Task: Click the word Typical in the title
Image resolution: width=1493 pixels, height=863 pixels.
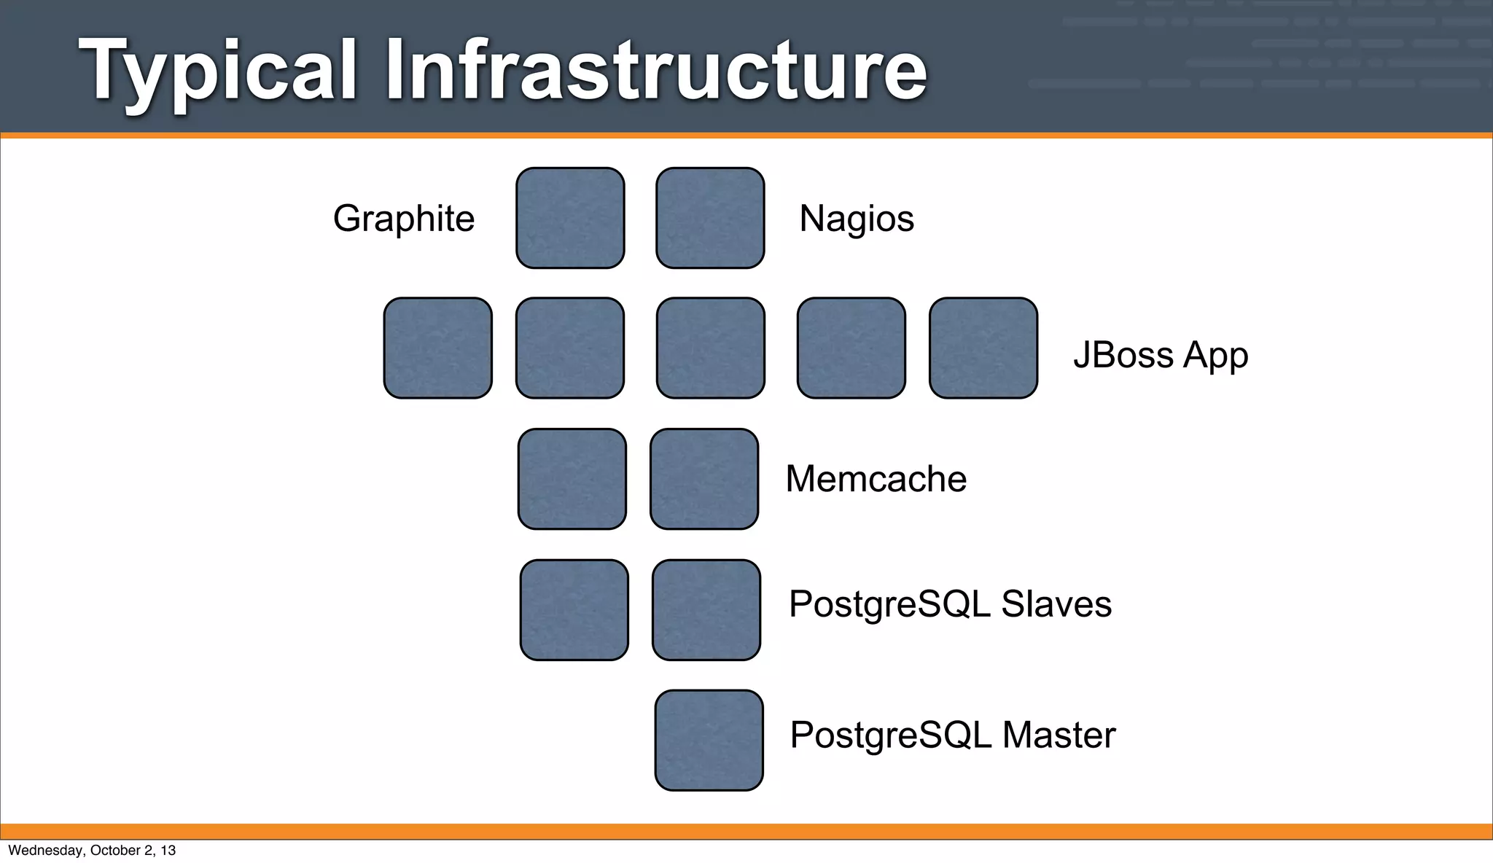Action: pos(218,71)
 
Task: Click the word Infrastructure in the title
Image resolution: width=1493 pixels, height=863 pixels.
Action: pos(656,71)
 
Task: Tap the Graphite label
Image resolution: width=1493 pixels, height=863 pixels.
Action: pos(404,219)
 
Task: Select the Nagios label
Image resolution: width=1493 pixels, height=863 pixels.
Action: pos(857,219)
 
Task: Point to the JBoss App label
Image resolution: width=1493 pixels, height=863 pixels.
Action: pos(1161,355)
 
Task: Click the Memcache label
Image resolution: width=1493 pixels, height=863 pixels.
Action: pos(876,479)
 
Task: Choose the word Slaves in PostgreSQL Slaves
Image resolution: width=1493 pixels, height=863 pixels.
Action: pos(1056,604)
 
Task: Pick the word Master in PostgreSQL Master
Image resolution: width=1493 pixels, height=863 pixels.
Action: pos(1059,735)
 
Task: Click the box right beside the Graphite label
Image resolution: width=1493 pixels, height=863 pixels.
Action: pos(570,218)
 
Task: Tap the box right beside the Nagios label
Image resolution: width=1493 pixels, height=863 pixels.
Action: pos(710,218)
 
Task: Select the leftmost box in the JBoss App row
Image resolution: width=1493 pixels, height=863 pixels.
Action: pos(438,348)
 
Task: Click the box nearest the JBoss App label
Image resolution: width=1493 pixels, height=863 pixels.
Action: pos(983,348)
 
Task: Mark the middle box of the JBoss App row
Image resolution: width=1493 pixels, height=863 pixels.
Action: pos(711,348)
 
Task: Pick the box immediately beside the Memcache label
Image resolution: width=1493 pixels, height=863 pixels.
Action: pos(704,479)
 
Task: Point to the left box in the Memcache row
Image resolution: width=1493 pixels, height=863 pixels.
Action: pos(572,479)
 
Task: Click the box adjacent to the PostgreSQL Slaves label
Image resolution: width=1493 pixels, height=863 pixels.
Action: pos(706,610)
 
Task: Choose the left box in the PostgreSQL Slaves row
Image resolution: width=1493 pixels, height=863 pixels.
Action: pos(574,610)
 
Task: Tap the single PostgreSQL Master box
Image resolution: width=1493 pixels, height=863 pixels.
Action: pos(709,741)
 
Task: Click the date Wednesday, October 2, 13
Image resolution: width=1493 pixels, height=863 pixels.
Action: pos(92,851)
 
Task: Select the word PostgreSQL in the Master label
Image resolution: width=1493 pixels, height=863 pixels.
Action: pos(891,735)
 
